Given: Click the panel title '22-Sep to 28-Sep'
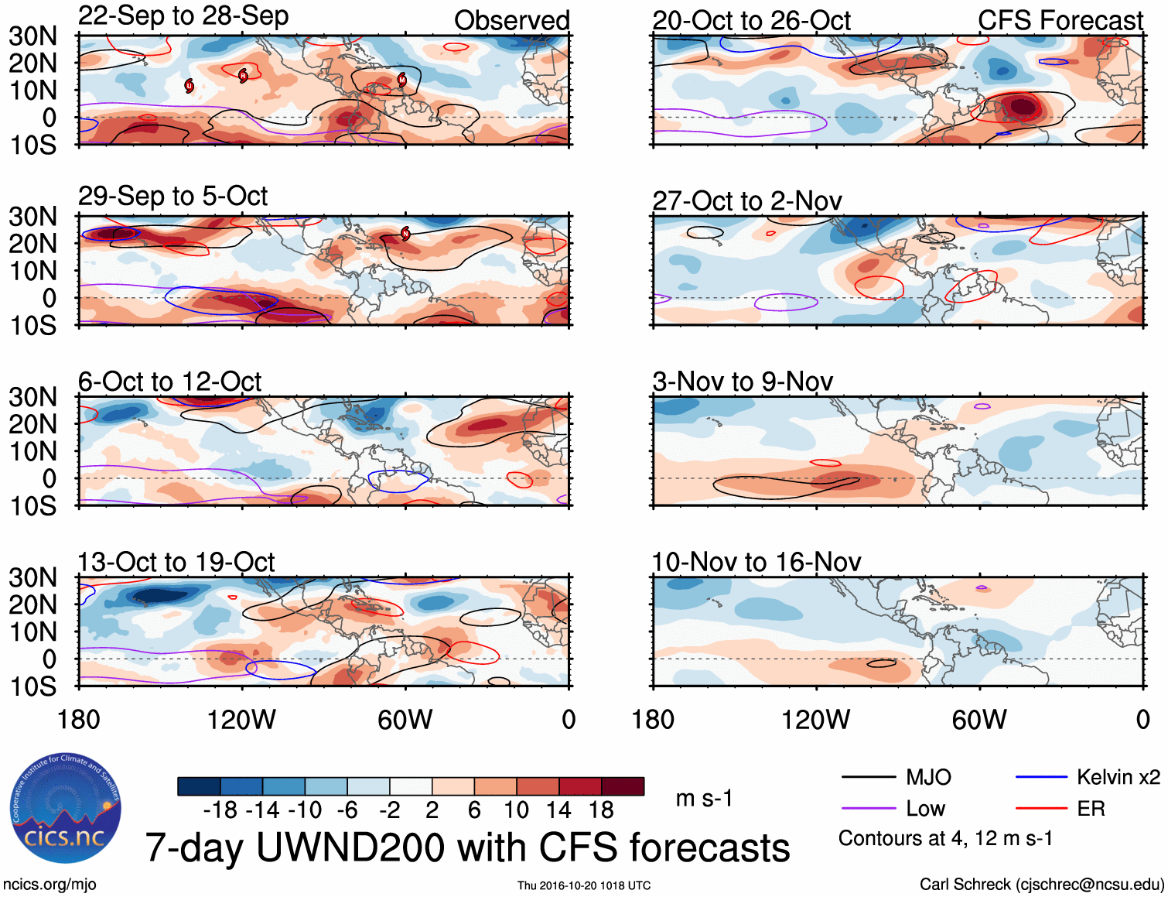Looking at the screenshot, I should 183,16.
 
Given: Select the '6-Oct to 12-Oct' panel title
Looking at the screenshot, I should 169,382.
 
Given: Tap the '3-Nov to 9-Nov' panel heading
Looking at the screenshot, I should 743,382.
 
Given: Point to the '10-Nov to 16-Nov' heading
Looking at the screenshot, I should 756,562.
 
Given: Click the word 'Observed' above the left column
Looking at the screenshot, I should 511,21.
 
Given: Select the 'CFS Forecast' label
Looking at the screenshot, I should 1060,21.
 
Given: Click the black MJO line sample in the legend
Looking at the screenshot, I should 868,777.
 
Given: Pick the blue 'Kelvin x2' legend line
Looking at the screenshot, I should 1041,777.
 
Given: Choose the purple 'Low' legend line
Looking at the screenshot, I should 868,809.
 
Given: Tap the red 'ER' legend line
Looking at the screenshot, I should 1041,809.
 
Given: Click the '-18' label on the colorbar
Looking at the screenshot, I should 220,810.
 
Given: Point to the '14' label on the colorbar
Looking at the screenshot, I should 558,810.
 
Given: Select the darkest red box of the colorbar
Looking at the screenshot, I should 623,786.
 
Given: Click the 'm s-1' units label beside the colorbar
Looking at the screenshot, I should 704,799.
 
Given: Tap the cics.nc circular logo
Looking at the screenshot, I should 66,809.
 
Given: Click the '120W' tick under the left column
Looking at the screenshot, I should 241,720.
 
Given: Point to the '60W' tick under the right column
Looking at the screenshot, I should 979,720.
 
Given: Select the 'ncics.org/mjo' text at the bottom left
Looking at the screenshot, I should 50,885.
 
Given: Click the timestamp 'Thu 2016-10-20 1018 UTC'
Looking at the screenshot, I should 584,885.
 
